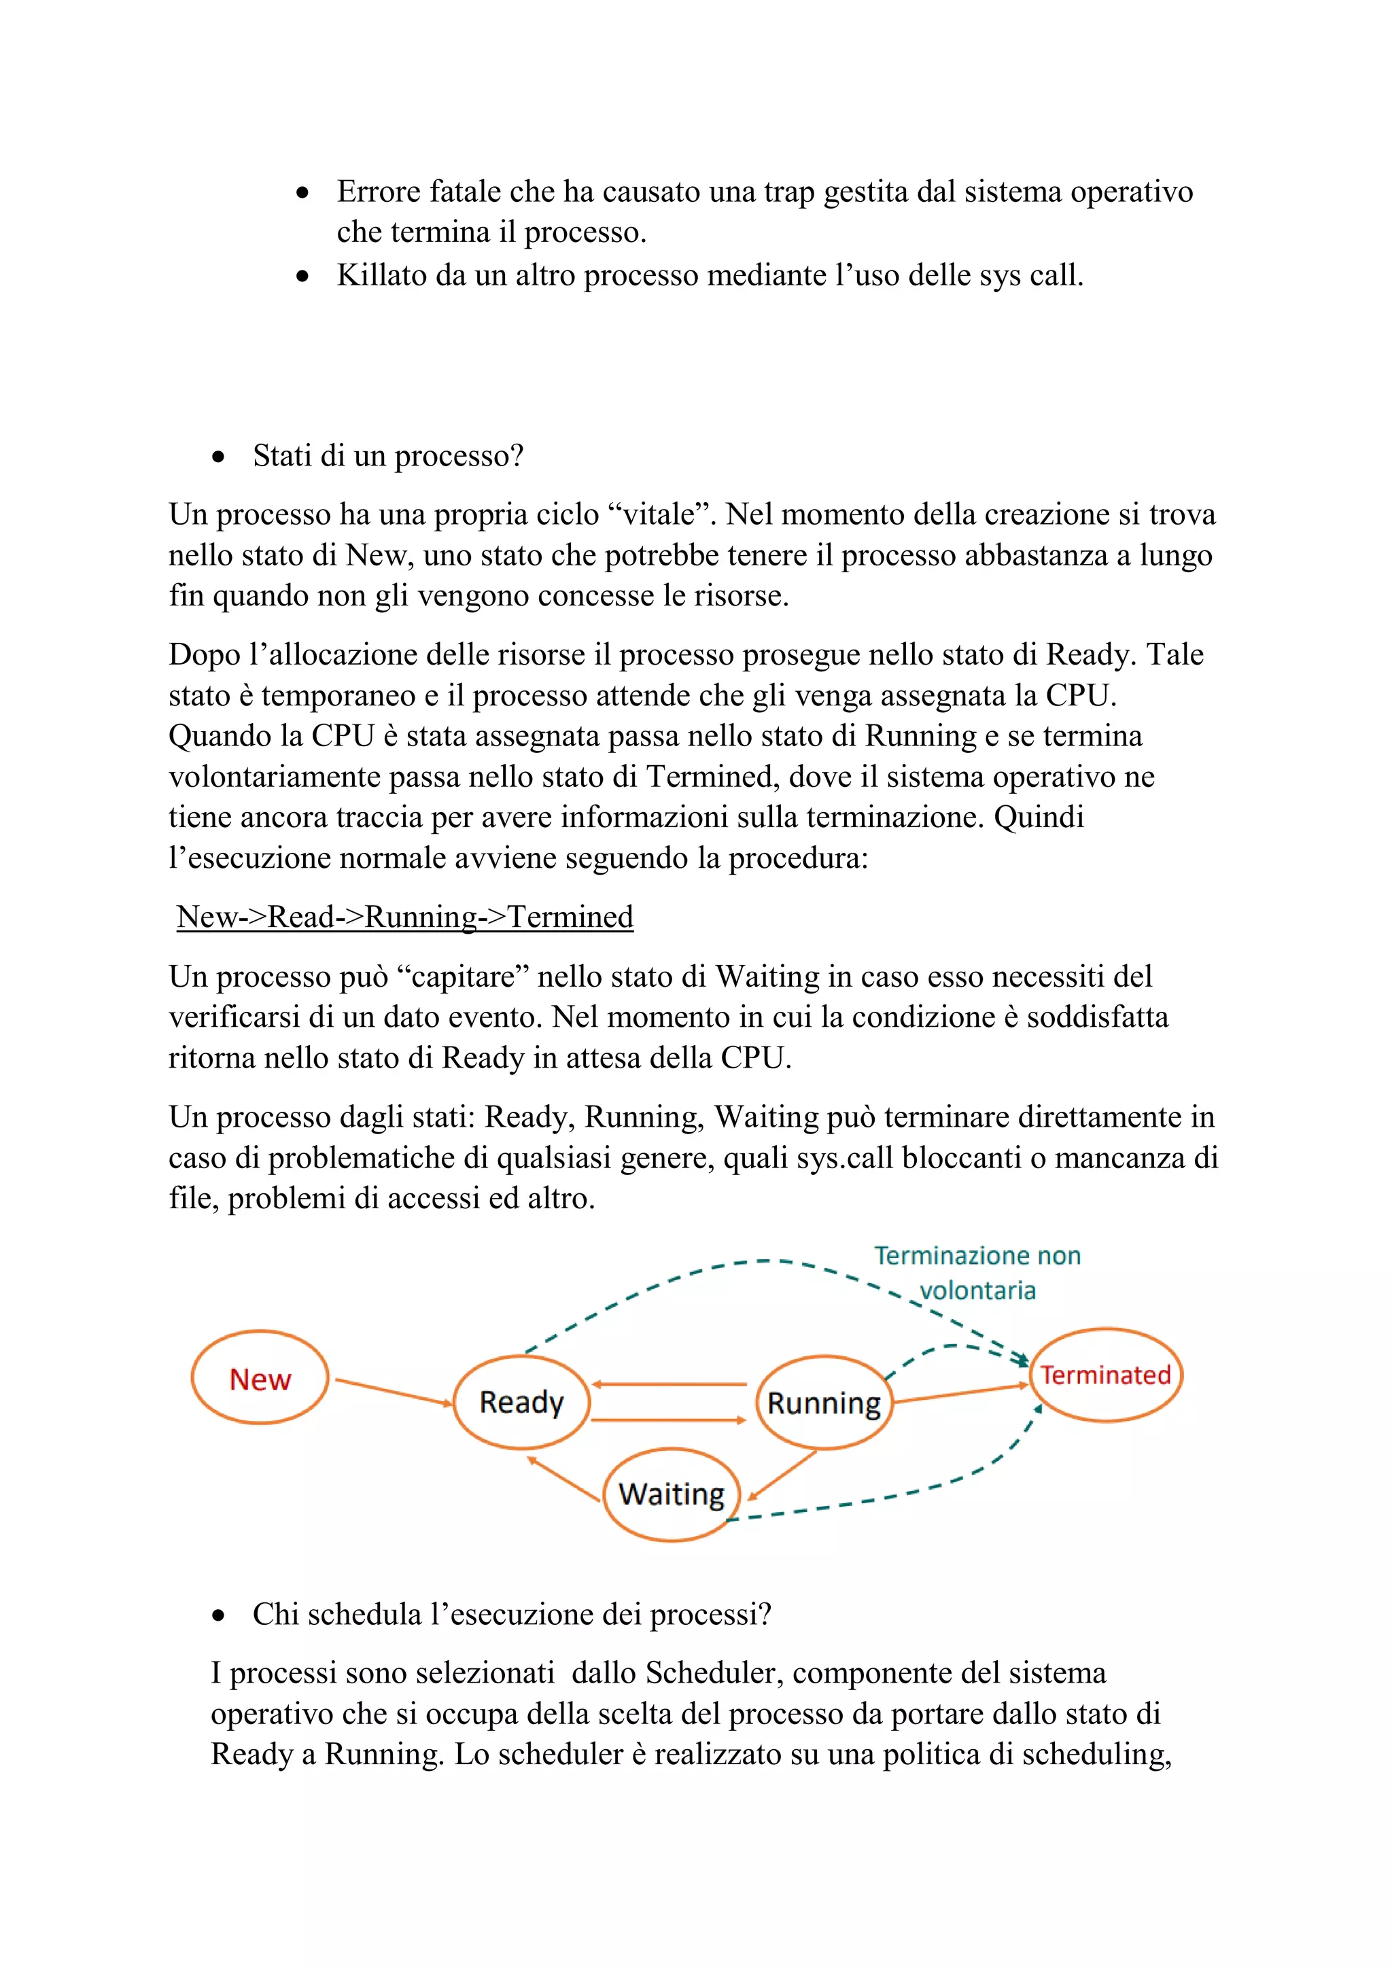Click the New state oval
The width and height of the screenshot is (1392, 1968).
[260, 1377]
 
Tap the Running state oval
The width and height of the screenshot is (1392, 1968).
[824, 1403]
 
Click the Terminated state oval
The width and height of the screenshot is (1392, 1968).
[1105, 1375]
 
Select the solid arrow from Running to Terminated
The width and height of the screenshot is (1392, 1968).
[960, 1394]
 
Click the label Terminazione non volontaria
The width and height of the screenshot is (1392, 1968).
[977, 1273]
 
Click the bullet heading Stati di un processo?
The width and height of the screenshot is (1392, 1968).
[387, 455]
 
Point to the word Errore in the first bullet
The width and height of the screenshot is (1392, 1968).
[378, 191]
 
